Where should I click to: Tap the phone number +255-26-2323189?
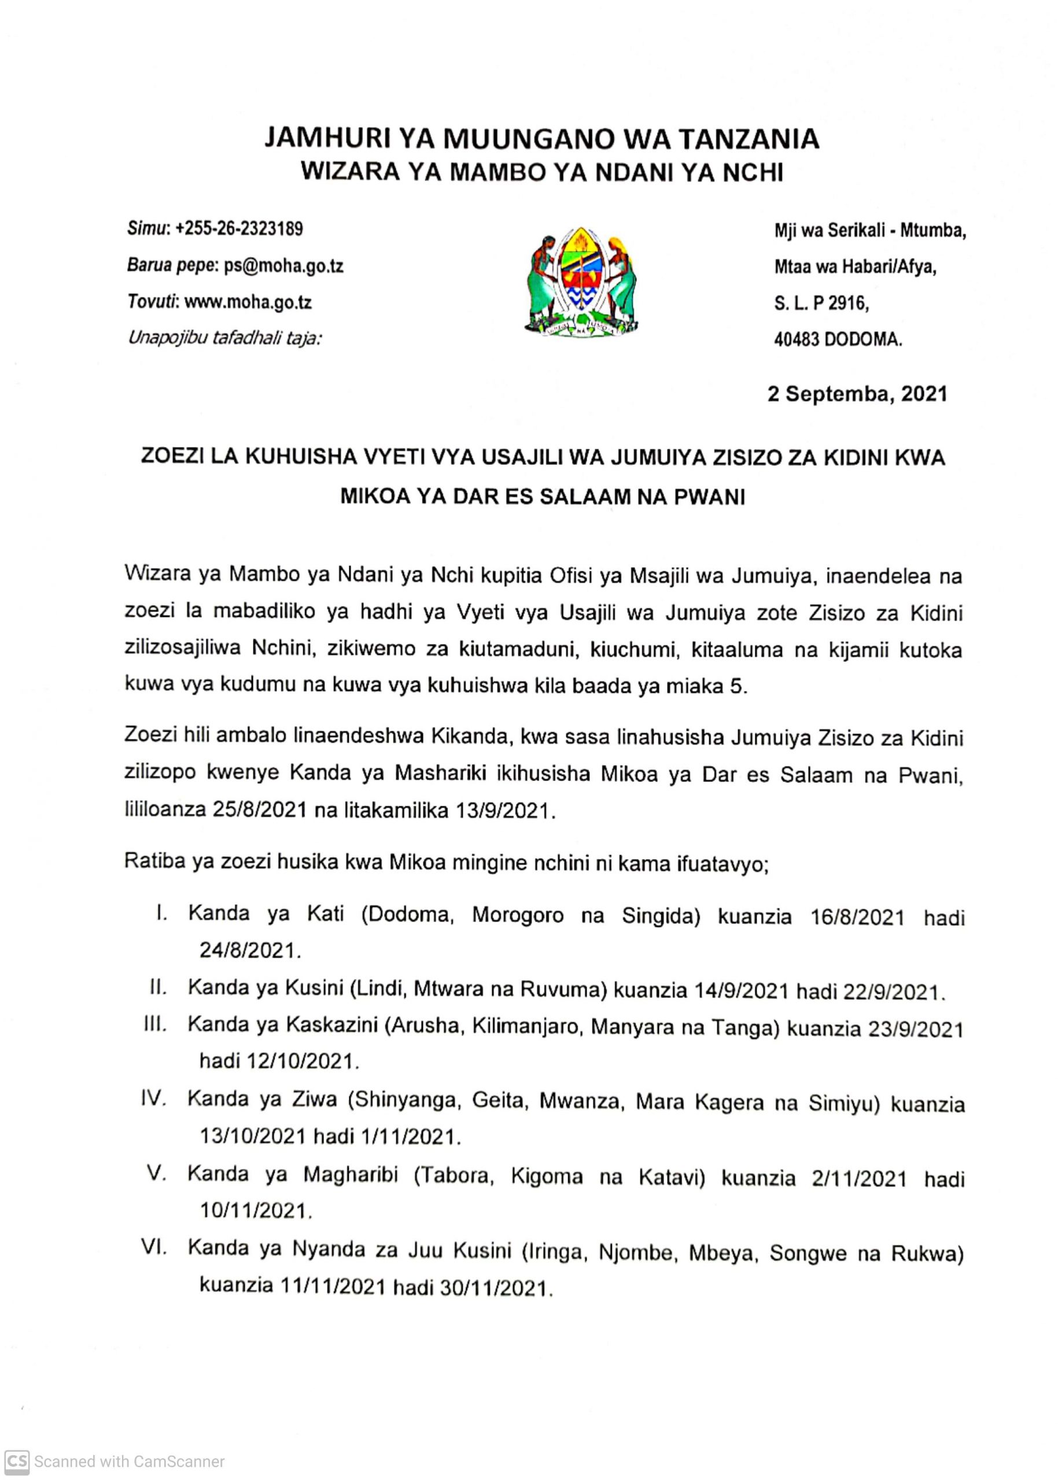(239, 228)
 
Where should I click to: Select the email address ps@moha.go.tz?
(283, 266)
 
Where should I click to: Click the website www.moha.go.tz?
(248, 302)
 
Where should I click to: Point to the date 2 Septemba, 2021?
(857, 394)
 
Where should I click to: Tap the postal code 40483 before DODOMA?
(797, 340)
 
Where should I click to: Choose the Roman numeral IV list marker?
(154, 1099)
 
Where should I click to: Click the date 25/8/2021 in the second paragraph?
(259, 811)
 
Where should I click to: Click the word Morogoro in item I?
(518, 915)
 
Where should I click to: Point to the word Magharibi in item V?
(351, 1174)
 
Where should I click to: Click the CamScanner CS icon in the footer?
(17, 1461)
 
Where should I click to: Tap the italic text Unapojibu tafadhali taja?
(225, 338)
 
